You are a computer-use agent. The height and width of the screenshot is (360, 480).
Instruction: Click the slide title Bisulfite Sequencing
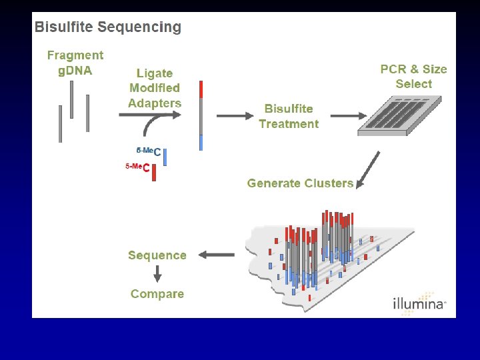[108, 27]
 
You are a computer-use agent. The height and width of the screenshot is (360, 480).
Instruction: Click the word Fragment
[75, 56]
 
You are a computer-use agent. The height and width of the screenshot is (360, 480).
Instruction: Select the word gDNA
[75, 71]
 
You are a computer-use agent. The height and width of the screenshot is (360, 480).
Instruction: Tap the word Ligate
[155, 73]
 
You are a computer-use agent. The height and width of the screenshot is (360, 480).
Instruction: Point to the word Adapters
[155, 103]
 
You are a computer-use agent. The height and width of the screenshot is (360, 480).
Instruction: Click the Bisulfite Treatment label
[289, 116]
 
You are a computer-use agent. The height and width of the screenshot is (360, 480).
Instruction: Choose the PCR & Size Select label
[413, 76]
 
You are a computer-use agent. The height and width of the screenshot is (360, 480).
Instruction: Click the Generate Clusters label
[300, 183]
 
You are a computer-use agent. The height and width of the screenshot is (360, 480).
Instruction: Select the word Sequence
[157, 255]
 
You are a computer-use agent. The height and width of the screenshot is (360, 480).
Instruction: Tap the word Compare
[157, 294]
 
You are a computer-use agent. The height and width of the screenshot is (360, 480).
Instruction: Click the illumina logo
[418, 303]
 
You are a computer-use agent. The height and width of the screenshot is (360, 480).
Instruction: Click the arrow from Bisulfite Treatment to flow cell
[343, 116]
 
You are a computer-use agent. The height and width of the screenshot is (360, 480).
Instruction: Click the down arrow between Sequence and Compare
[158, 273]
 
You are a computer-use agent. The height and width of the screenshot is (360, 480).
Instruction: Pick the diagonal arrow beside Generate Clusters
[369, 169]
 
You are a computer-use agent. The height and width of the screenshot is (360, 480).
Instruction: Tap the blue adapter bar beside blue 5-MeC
[165, 157]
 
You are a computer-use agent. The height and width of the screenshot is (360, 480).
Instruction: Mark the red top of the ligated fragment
[201, 89]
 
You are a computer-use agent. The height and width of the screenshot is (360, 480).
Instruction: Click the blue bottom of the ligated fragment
[201, 143]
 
